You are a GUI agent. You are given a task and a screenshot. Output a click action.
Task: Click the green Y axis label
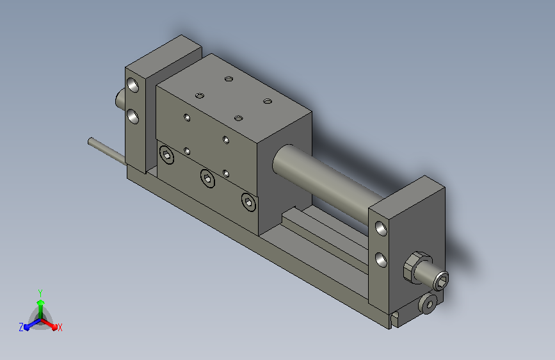tap(40, 293)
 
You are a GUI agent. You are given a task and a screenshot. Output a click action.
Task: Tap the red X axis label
tap(60, 327)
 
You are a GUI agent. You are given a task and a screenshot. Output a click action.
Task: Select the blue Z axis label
tap(21, 327)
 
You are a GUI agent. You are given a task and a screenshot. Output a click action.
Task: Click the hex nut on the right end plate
tap(416, 267)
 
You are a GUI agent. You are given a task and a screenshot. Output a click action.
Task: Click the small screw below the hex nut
tap(428, 304)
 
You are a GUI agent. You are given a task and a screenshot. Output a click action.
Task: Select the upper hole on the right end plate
tap(381, 229)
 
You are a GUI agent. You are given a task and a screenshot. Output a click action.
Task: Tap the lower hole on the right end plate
tap(381, 259)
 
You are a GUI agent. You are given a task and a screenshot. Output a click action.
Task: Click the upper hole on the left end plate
tap(133, 85)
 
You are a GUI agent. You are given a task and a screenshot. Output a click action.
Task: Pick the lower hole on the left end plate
tap(133, 116)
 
